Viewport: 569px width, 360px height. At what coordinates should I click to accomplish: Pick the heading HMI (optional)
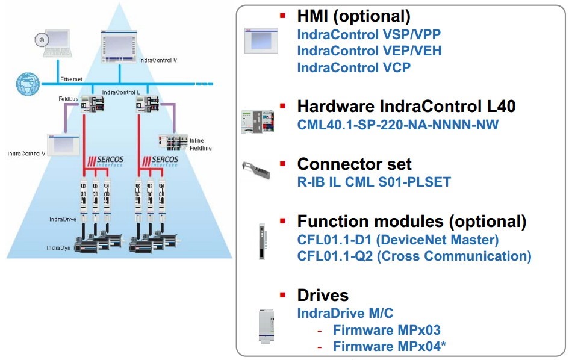click(x=353, y=17)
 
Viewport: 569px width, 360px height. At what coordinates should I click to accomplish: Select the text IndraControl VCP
click(x=353, y=67)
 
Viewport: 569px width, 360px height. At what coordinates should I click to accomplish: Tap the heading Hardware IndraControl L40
click(x=406, y=107)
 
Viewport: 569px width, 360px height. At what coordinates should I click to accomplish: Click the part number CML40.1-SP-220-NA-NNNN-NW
click(x=398, y=125)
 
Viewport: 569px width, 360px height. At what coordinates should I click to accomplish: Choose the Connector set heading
click(x=354, y=164)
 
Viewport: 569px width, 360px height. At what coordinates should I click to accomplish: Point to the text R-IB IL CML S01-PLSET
click(x=374, y=181)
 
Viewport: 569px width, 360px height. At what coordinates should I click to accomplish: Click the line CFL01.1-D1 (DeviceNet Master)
click(x=398, y=240)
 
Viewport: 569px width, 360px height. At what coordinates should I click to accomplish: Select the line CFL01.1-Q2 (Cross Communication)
click(x=414, y=256)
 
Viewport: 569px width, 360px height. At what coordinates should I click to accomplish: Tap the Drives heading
click(x=323, y=295)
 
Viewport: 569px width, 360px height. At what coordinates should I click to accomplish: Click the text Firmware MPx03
click(x=387, y=330)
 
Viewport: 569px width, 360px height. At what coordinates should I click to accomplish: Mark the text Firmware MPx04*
click(x=389, y=346)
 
